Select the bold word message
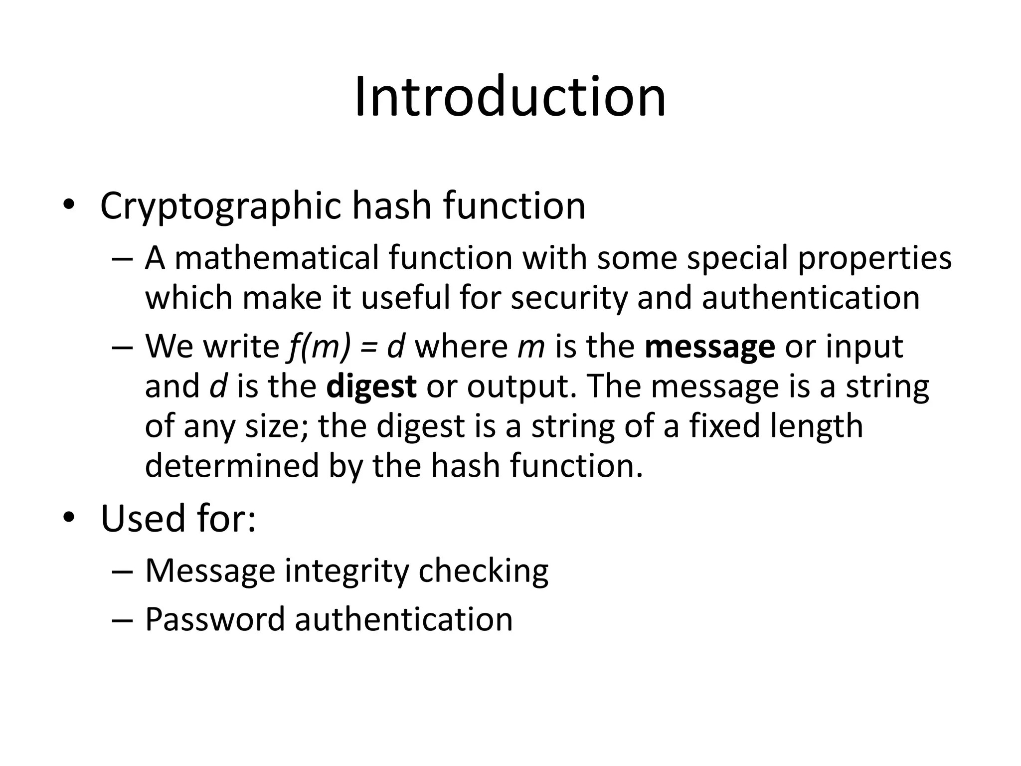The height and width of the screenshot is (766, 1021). pos(709,347)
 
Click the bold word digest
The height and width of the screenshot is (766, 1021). pos(371,386)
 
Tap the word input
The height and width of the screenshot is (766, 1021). pos(864,347)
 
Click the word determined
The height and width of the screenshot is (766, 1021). pos(231,465)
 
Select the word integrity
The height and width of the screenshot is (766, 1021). pos(346,571)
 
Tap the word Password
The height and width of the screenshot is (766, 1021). pos(214,619)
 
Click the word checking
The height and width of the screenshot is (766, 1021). pos(483,571)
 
